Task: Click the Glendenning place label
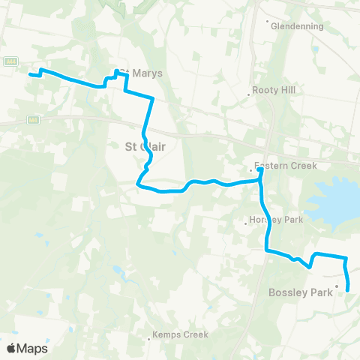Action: click(298, 25)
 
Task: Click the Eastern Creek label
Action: click(285, 165)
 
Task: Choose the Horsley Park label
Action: click(277, 220)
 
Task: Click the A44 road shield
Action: click(11, 61)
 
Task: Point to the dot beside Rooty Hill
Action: click(249, 95)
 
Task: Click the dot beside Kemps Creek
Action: click(149, 339)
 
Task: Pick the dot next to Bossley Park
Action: click(337, 286)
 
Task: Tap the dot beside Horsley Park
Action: click(247, 221)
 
